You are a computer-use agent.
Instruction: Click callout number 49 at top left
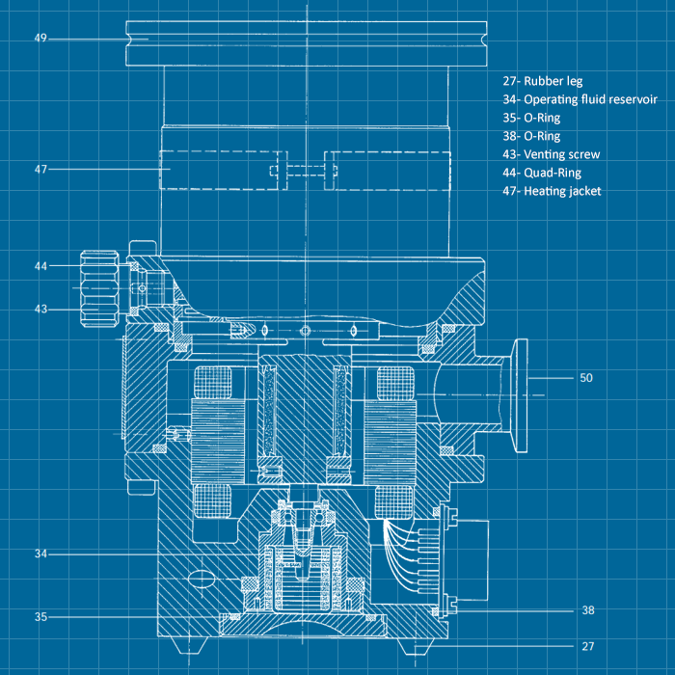[40, 39]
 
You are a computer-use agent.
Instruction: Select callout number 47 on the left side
[40, 169]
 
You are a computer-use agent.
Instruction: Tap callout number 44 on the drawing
[40, 265]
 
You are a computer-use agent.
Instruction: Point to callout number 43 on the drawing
[40, 310]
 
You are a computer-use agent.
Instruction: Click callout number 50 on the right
[585, 378]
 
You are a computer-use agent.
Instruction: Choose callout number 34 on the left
[40, 554]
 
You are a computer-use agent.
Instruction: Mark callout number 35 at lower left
[40, 617]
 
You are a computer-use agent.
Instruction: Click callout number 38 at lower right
[588, 610]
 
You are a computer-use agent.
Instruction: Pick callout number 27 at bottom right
[588, 646]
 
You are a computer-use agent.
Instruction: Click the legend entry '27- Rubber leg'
[542, 82]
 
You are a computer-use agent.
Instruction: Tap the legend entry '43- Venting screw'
[551, 154]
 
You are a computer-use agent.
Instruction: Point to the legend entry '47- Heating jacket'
[552, 191]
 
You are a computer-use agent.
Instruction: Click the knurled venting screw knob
[98, 286]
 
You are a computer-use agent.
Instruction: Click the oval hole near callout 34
[203, 578]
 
